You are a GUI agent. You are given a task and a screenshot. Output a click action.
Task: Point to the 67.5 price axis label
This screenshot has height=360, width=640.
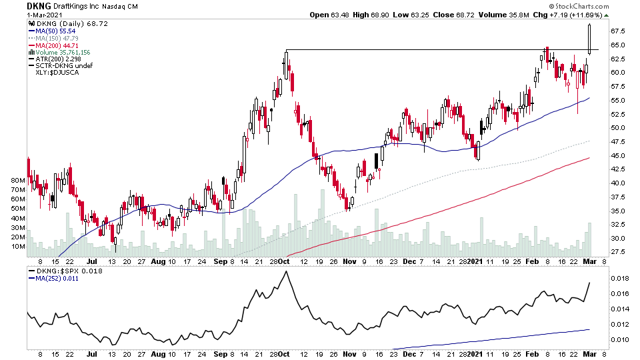617,31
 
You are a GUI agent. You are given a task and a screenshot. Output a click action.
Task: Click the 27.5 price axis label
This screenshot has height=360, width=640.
617,251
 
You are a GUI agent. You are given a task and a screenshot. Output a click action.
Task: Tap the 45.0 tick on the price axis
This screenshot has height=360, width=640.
617,155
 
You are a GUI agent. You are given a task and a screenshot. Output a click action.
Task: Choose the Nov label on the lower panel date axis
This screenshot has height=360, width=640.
349,354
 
